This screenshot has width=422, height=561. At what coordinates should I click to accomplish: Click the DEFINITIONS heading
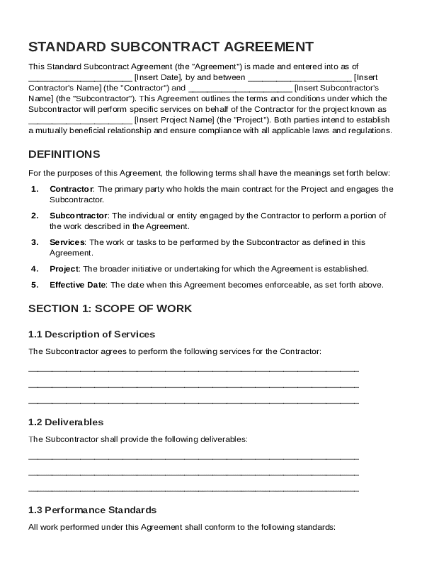(64, 154)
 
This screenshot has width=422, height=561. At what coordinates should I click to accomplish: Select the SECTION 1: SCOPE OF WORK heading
(110, 308)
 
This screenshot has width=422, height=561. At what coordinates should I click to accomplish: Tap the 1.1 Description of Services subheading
(92, 334)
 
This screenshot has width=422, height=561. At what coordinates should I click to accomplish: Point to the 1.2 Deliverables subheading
(66, 422)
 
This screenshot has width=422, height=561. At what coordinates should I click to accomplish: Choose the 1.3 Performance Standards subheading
(92, 510)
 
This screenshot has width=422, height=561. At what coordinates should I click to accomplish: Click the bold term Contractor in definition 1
(71, 189)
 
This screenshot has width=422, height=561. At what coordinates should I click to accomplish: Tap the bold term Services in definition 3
(67, 242)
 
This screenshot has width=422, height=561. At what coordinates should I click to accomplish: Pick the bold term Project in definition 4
(64, 269)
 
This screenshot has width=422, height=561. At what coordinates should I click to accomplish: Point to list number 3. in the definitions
(35, 242)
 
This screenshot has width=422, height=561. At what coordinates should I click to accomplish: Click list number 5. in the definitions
(35, 285)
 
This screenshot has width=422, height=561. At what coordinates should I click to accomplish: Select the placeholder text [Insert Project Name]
(174, 119)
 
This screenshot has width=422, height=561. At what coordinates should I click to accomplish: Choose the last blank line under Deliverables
(193, 490)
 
